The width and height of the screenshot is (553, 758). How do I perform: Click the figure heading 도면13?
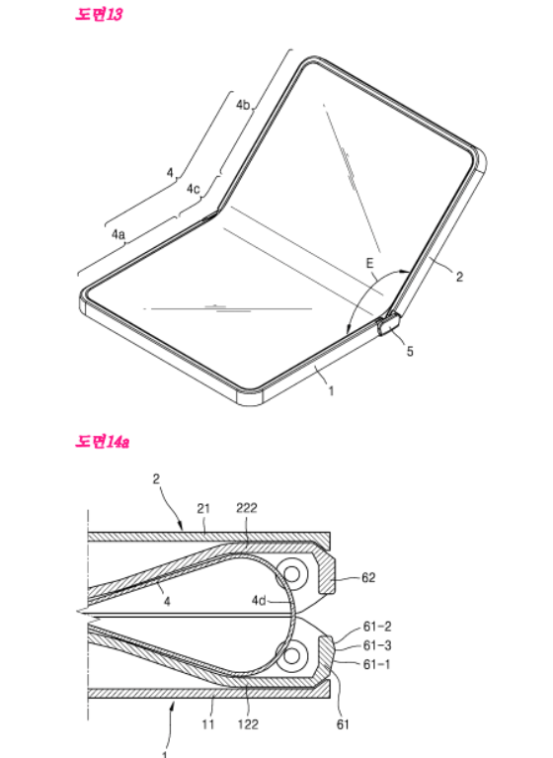(x=99, y=14)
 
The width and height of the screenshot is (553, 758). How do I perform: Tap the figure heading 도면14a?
(x=102, y=442)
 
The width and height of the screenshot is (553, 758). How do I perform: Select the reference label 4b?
(x=243, y=105)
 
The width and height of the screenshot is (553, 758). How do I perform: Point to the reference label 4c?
(x=193, y=189)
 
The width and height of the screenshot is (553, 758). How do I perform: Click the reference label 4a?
(x=118, y=234)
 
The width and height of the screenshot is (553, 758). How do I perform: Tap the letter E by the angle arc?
(x=369, y=263)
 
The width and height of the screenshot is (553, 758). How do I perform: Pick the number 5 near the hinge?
(x=410, y=352)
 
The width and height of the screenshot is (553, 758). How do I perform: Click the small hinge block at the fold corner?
(x=389, y=324)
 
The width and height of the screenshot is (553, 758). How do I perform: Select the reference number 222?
(x=246, y=508)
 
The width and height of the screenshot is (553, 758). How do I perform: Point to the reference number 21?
(x=203, y=508)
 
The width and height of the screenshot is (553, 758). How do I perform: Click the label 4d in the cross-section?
(x=259, y=601)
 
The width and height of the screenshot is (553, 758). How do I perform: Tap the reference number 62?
(x=368, y=578)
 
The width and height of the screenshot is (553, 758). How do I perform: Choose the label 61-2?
(x=377, y=627)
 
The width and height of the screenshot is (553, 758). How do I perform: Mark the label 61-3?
(x=377, y=645)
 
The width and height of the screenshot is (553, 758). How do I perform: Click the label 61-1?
(x=376, y=664)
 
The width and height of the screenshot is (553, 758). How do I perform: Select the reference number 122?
(x=248, y=724)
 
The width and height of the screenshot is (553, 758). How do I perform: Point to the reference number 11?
(x=208, y=724)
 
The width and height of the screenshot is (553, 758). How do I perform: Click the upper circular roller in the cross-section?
(x=291, y=574)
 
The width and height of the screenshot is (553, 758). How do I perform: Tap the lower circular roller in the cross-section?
(x=291, y=655)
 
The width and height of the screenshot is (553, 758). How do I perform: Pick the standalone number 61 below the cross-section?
(x=343, y=724)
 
